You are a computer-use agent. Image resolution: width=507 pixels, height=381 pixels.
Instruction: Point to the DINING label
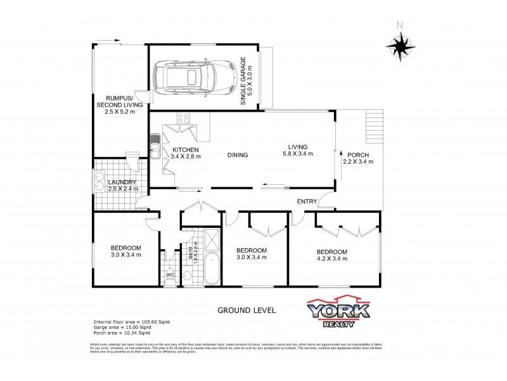pyautogui.click(x=238, y=155)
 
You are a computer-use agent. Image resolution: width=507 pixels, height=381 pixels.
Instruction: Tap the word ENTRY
pyautogui.click(x=307, y=202)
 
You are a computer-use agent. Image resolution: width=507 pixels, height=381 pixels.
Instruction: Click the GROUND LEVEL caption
pyautogui.click(x=247, y=311)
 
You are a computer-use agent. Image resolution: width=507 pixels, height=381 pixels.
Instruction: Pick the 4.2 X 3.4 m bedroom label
pyautogui.click(x=332, y=255)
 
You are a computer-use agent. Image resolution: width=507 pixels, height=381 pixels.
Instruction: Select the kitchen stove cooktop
pyautogui.click(x=184, y=117)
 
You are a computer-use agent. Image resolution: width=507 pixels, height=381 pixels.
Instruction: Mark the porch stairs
pyautogui.click(x=375, y=127)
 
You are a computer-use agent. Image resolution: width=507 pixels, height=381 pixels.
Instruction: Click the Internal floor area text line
pyautogui.click(x=132, y=322)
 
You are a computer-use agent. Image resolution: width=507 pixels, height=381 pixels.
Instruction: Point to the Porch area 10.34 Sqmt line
pyautogui.click(x=122, y=333)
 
